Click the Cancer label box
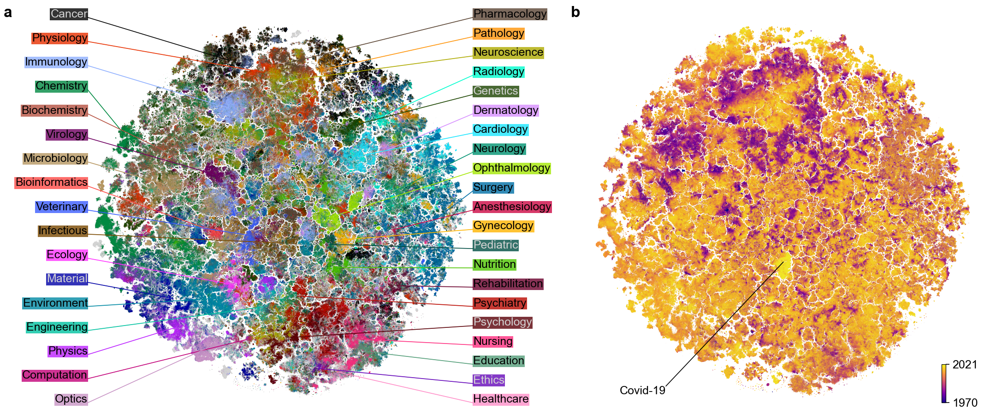pyautogui.click(x=69, y=14)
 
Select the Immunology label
pyautogui.click(x=56, y=62)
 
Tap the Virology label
pyautogui.click(x=66, y=134)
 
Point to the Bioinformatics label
pyautogui.click(x=51, y=182)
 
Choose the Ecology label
pyautogui.click(x=67, y=255)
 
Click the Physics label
pyautogui.click(x=68, y=351)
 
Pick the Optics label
pyautogui.click(x=71, y=399)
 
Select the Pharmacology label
pyautogui.click(x=510, y=14)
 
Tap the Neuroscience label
pyautogui.click(x=508, y=52)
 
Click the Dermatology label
pyautogui.click(x=505, y=110)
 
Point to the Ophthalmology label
pyautogui.click(x=511, y=168)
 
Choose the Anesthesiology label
pyautogui.click(x=512, y=207)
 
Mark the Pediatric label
pyautogui.click(x=496, y=245)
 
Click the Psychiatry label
pyautogui.click(x=500, y=303)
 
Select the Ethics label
pyautogui.click(x=489, y=380)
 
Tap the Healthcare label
pyautogui.click(x=501, y=399)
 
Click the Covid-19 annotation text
pyautogui.click(x=642, y=391)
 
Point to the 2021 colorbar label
pyautogui.click(x=965, y=365)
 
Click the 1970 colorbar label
pyautogui.click(x=965, y=403)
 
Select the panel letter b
pyautogui.click(x=575, y=12)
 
